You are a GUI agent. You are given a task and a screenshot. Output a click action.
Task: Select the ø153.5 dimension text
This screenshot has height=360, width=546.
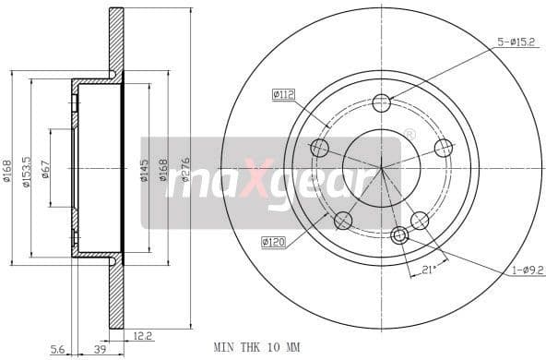pos(27,171)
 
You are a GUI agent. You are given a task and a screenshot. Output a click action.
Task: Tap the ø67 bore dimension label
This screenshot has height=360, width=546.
pos(45,172)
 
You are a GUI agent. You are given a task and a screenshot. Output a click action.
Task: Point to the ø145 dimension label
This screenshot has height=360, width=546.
pos(145,172)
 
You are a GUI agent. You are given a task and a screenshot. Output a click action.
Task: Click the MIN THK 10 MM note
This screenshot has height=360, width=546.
pos(257,347)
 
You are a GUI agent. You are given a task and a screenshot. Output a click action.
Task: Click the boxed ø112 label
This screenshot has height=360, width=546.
pos(282,93)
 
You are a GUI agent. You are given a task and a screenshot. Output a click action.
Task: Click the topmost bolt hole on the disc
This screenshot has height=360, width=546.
pos(382,102)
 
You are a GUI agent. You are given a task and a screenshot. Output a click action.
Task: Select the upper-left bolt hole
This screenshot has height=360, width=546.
pos(320,148)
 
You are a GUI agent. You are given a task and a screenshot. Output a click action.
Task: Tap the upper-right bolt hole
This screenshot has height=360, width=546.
pos(444,148)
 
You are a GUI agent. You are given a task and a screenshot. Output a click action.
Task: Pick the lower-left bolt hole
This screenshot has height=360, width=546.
pos(343,221)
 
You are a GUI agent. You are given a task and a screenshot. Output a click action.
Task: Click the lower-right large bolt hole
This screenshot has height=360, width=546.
pos(420,221)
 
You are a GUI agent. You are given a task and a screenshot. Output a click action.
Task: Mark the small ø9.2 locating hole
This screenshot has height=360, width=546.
pos(399,235)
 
